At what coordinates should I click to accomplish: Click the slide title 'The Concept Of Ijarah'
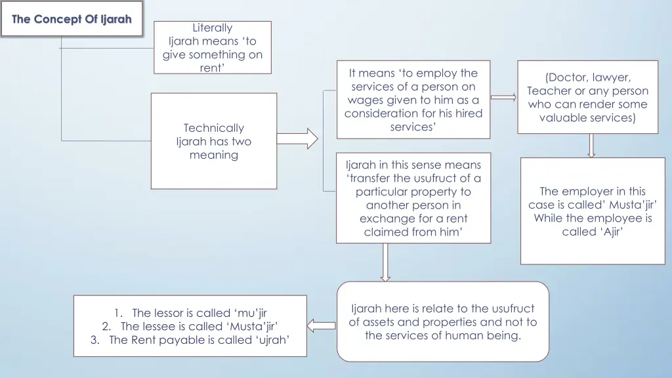[x=72, y=19]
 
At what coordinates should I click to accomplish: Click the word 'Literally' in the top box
[x=213, y=28]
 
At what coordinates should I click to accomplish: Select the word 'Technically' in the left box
[x=213, y=128]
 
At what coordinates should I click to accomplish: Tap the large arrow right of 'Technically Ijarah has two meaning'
[x=297, y=138]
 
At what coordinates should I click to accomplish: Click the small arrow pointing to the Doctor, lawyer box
[x=503, y=98]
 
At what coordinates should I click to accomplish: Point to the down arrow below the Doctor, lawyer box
[x=591, y=145]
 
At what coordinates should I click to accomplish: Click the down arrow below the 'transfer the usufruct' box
[x=385, y=262]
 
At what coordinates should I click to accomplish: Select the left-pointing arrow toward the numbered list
[x=322, y=325]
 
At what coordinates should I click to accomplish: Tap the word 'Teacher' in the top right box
[x=549, y=91]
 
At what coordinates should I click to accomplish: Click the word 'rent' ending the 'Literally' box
[x=211, y=68]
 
